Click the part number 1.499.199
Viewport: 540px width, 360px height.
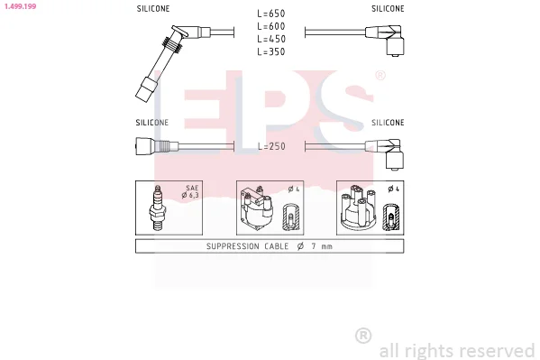point(21,6)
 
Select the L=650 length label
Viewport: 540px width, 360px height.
point(271,14)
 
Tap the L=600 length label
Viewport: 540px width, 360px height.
point(271,26)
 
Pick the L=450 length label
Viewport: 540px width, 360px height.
point(271,39)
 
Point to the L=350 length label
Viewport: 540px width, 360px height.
point(271,51)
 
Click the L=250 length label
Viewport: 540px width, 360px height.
point(271,146)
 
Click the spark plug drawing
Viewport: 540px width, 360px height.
point(158,208)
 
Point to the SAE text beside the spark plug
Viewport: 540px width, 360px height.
point(192,188)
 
